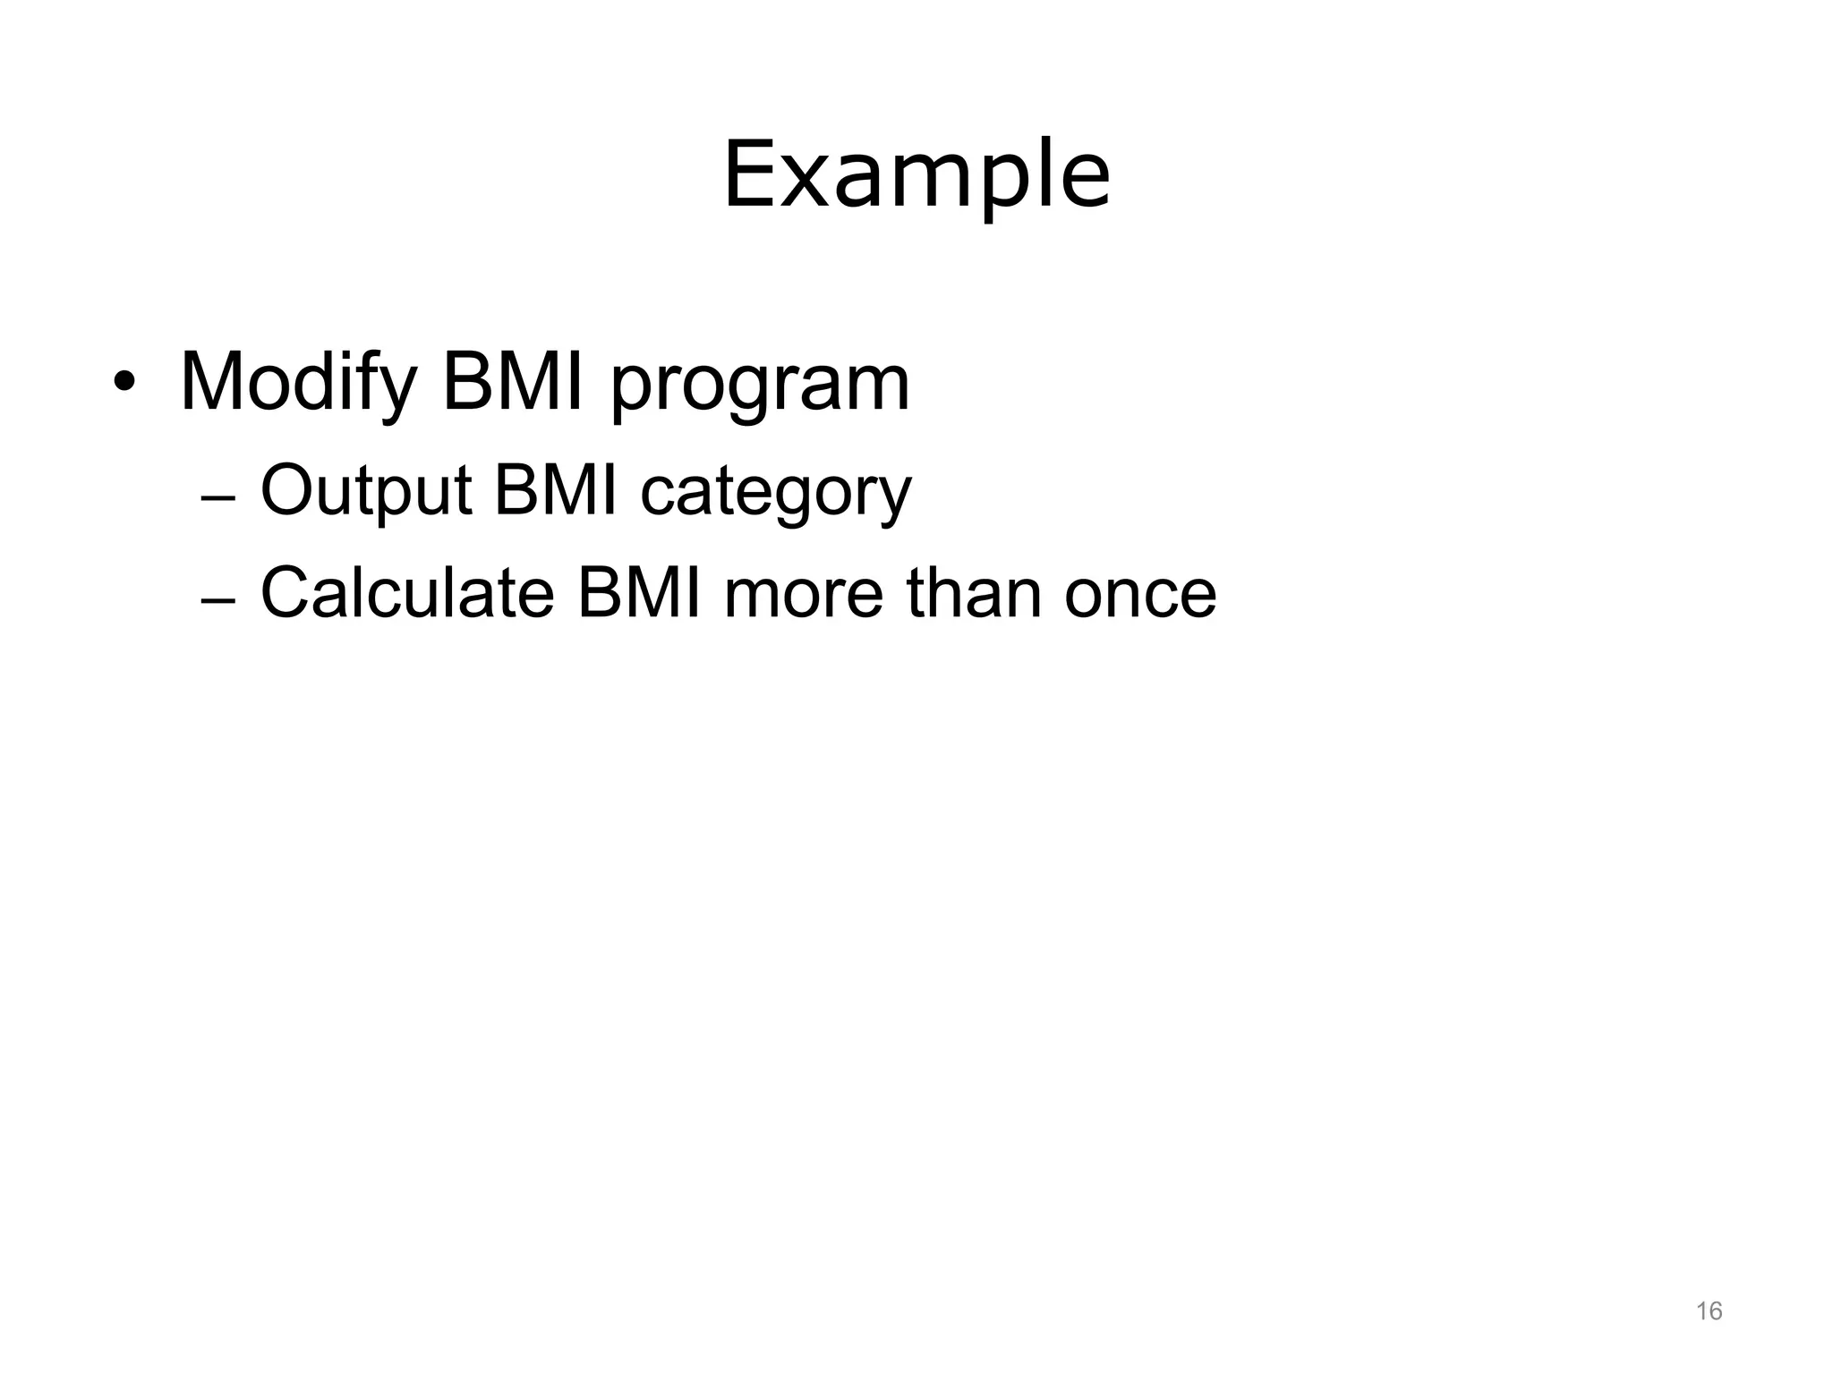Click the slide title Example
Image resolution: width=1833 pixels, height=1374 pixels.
pos(916,174)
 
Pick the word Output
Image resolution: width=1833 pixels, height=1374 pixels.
pos(365,492)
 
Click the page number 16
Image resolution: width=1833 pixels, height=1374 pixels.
pos(1709,1311)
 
